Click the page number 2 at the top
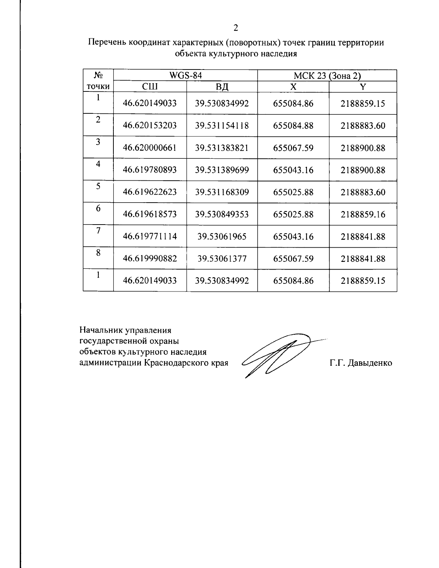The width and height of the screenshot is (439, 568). coord(236,28)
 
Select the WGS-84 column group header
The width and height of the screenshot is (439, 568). coord(185,75)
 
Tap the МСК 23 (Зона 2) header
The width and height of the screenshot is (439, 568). coord(327,76)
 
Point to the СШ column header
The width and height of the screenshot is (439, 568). coord(150,86)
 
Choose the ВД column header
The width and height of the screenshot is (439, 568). coord(222,87)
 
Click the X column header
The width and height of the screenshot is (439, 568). coord(293,86)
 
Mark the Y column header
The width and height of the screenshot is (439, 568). coord(363,86)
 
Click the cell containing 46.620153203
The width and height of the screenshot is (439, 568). coord(150,126)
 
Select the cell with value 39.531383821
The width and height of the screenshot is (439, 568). coord(222,148)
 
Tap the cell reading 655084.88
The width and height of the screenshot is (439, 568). coord(293,126)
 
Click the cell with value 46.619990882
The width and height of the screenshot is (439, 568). coord(150,259)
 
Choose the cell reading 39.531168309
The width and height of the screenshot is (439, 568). coord(222,192)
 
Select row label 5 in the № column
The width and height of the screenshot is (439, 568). coord(98,187)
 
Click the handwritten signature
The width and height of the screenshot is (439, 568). coord(278,355)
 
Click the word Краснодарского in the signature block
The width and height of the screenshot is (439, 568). coord(174,363)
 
